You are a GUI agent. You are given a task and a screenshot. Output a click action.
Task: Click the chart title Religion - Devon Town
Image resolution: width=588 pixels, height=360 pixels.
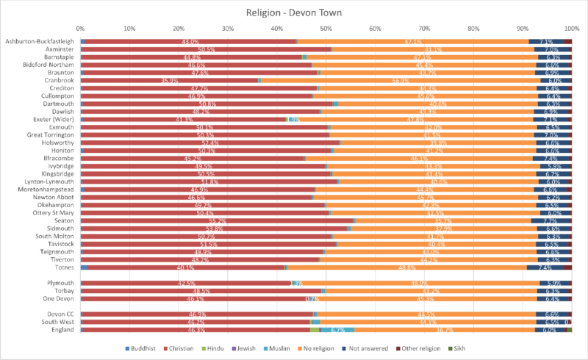pyautogui.click(x=294, y=13)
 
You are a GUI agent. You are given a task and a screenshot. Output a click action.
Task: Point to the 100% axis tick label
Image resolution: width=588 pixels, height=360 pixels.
pyautogui.click(x=571, y=29)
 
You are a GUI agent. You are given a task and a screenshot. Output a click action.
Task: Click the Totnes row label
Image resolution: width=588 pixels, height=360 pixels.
pyautogui.click(x=62, y=267)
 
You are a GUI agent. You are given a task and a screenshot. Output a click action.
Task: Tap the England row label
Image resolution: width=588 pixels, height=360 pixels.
pyautogui.click(x=61, y=330)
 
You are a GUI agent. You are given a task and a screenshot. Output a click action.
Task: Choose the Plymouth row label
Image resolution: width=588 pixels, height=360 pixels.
pyautogui.click(x=60, y=283)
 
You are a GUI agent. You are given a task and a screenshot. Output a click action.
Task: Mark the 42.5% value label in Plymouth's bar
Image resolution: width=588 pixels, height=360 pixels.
pyautogui.click(x=186, y=283)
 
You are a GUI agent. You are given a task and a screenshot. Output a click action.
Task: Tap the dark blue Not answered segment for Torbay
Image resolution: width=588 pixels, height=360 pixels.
pyautogui.click(x=553, y=291)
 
